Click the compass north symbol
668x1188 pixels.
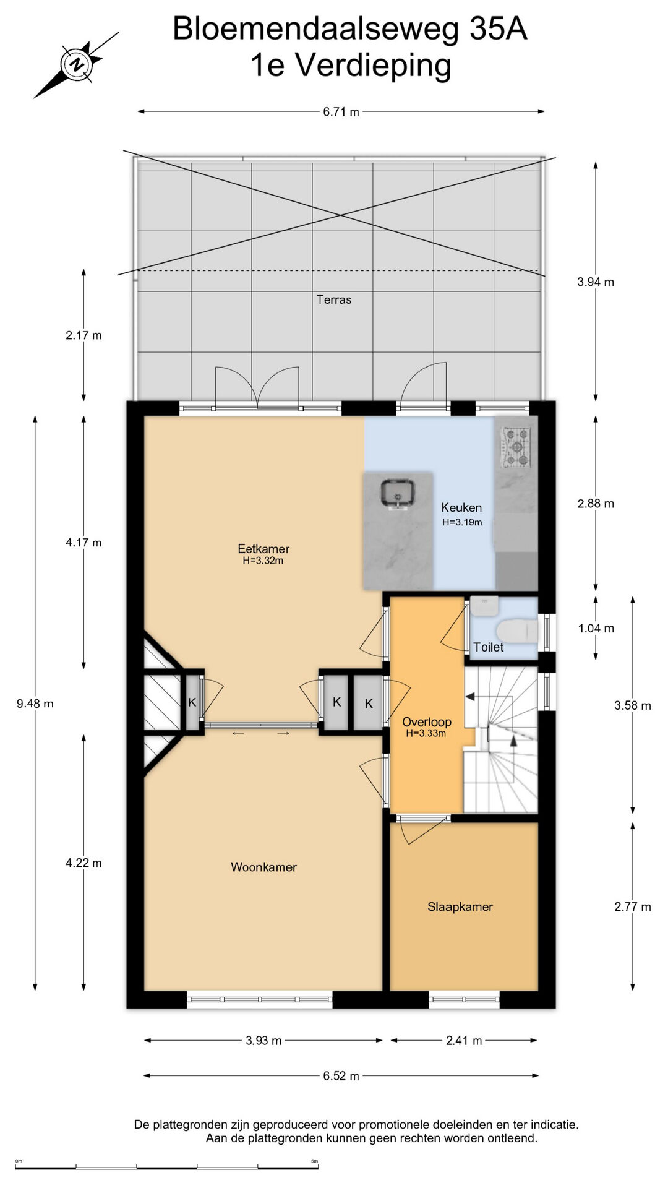pyautogui.click(x=76, y=64)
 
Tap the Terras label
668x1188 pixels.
pyautogui.click(x=334, y=299)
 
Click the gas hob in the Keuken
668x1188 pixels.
pyautogui.click(x=515, y=447)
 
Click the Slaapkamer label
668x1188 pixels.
pyautogui.click(x=460, y=906)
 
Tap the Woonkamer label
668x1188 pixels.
pyautogui.click(x=263, y=867)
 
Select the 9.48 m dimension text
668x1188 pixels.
pyautogui.click(x=35, y=703)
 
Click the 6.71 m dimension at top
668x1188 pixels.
pyautogui.click(x=341, y=112)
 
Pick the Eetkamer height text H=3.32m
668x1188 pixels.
pyautogui.click(x=263, y=561)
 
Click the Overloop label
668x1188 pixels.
pyautogui.click(x=427, y=721)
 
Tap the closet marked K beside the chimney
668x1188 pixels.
pyautogui.click(x=192, y=702)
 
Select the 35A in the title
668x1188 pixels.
pyautogui.click(x=499, y=28)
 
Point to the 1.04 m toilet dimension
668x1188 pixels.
pyautogui.click(x=596, y=628)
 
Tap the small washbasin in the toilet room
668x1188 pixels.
pyautogui.click(x=484, y=605)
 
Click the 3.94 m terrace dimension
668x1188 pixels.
pyautogui.click(x=596, y=282)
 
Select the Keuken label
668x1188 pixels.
pyautogui.click(x=461, y=507)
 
